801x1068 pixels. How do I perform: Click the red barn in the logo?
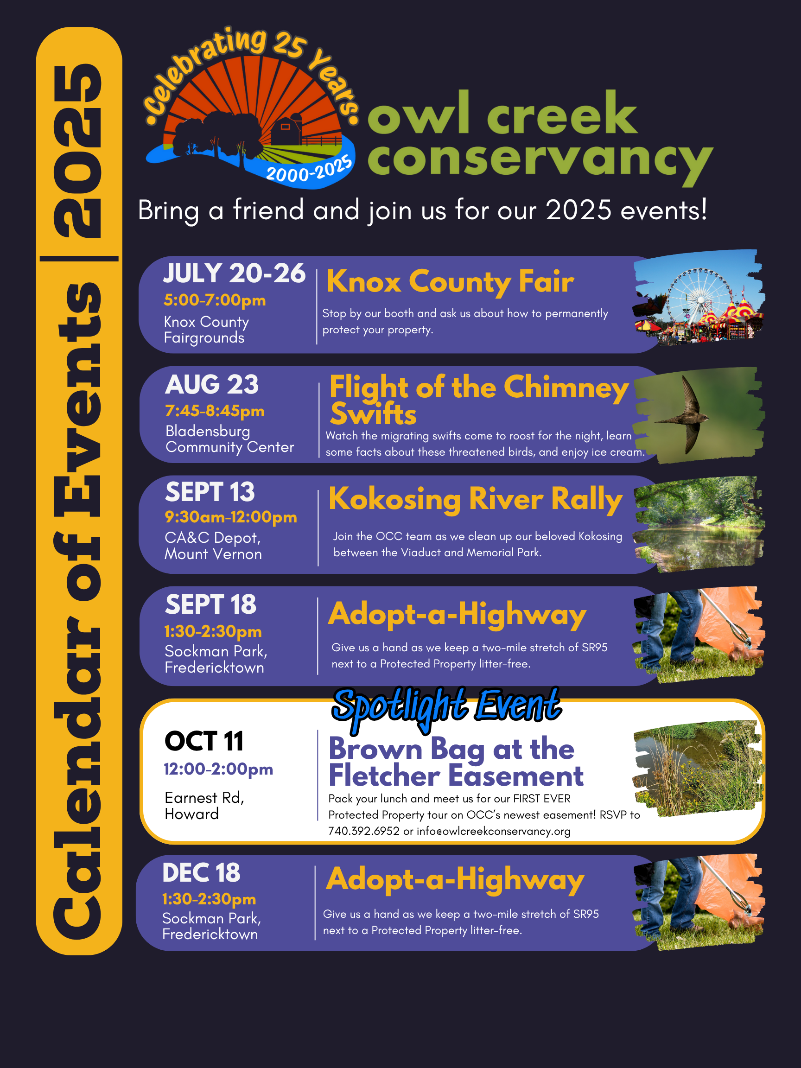pyautogui.click(x=286, y=130)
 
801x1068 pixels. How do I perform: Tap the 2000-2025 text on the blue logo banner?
pyautogui.click(x=309, y=170)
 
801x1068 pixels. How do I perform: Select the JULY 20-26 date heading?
pyautogui.click(x=234, y=274)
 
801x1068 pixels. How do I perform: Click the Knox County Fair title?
pyautogui.click(x=450, y=281)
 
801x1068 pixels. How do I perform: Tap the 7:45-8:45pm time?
pyautogui.click(x=215, y=411)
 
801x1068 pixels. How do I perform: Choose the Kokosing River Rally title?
pyautogui.click(x=476, y=499)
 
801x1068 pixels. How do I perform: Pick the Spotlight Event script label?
pyautogui.click(x=446, y=706)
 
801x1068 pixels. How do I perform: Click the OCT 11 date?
pyautogui.click(x=204, y=741)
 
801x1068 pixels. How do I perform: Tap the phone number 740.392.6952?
pyautogui.click(x=363, y=831)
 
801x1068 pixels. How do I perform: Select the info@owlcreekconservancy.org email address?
pyautogui.click(x=494, y=831)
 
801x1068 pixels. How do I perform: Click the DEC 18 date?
pyautogui.click(x=201, y=873)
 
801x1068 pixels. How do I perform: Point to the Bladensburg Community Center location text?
pyautogui.click(x=229, y=439)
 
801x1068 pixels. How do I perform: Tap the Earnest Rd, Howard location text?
pyautogui.click(x=204, y=806)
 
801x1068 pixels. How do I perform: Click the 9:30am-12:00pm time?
pyautogui.click(x=231, y=517)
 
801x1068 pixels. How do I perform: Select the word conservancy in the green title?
pyautogui.click(x=540, y=160)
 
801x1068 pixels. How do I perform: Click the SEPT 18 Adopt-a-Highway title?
pyautogui.click(x=457, y=615)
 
